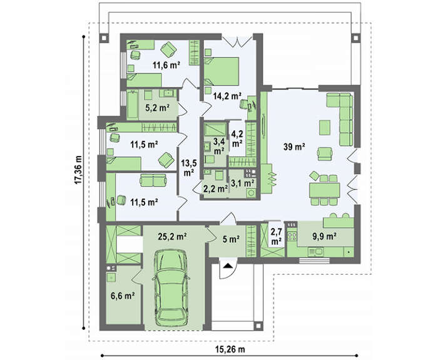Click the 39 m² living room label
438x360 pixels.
click(294, 147)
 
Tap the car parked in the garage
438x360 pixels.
click(171, 287)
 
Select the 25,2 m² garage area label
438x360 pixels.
click(172, 237)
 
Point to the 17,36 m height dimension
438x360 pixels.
click(78, 170)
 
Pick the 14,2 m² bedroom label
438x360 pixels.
click(227, 96)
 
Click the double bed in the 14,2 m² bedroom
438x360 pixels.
click(222, 71)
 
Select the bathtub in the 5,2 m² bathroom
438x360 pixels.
click(133, 105)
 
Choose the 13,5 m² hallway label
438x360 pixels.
click(189, 168)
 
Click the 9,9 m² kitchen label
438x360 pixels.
click(324, 237)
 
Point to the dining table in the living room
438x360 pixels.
click(325, 190)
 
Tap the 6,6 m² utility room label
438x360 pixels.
click(123, 296)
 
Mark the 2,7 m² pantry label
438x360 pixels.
click(276, 236)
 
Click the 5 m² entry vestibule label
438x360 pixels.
click(230, 239)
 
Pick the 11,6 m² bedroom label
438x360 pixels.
click(166, 65)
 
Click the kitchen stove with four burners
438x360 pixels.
click(292, 237)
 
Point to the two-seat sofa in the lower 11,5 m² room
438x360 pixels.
click(153, 180)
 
